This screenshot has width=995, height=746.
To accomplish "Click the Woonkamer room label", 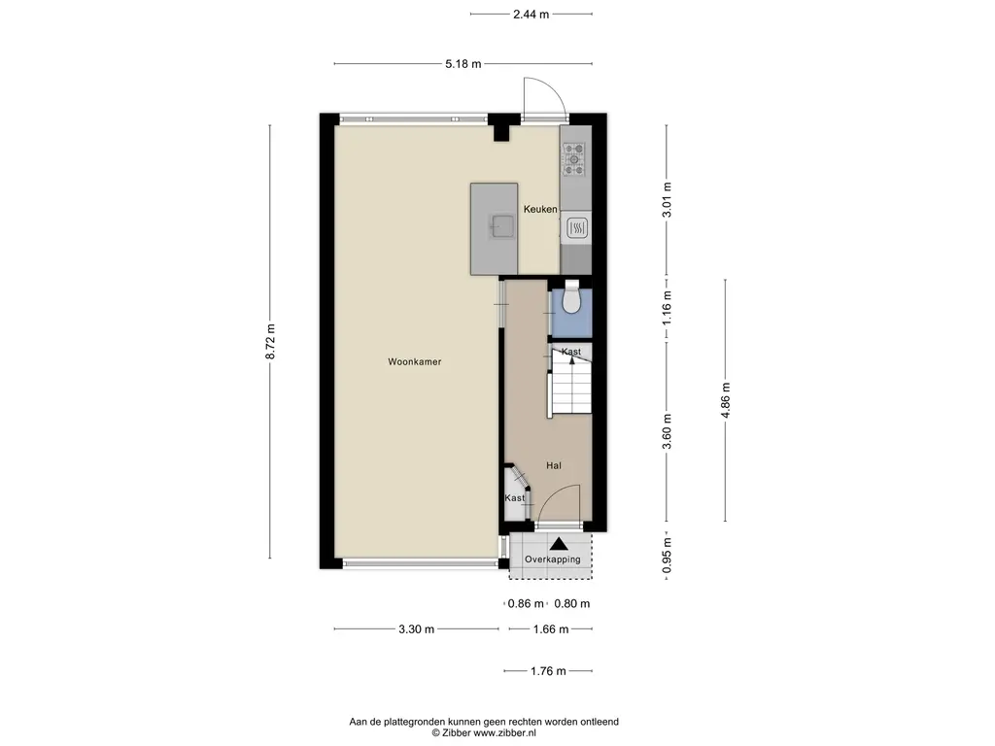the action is [x=414, y=361].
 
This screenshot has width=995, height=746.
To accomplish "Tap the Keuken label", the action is [x=540, y=209].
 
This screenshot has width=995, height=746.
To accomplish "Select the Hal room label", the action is [x=553, y=465].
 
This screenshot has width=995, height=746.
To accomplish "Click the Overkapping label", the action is [x=552, y=559].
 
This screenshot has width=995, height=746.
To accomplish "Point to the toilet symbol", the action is [x=571, y=297].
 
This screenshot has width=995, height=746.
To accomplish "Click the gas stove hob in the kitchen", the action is [x=575, y=159].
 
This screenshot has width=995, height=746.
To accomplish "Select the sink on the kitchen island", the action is [x=502, y=225].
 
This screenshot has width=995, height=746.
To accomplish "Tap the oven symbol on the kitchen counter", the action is [x=576, y=227].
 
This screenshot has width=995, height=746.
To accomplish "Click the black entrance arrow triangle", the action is [x=559, y=544].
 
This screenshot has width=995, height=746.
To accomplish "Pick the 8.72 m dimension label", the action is [x=270, y=341].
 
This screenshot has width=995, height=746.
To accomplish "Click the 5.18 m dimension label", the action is [x=463, y=63].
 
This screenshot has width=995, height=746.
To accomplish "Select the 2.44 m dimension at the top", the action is [x=532, y=14].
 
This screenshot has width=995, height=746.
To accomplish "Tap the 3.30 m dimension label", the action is [x=416, y=629].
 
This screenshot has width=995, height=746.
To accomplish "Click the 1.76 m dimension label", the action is [x=548, y=671].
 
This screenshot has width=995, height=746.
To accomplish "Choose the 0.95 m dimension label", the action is [x=667, y=555].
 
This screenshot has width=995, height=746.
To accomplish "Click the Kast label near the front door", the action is [x=515, y=498].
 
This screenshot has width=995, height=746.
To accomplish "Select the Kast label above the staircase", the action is [x=571, y=352].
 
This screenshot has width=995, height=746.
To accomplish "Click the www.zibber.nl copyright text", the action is [x=505, y=732].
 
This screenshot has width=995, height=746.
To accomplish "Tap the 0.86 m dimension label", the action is [x=526, y=604].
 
